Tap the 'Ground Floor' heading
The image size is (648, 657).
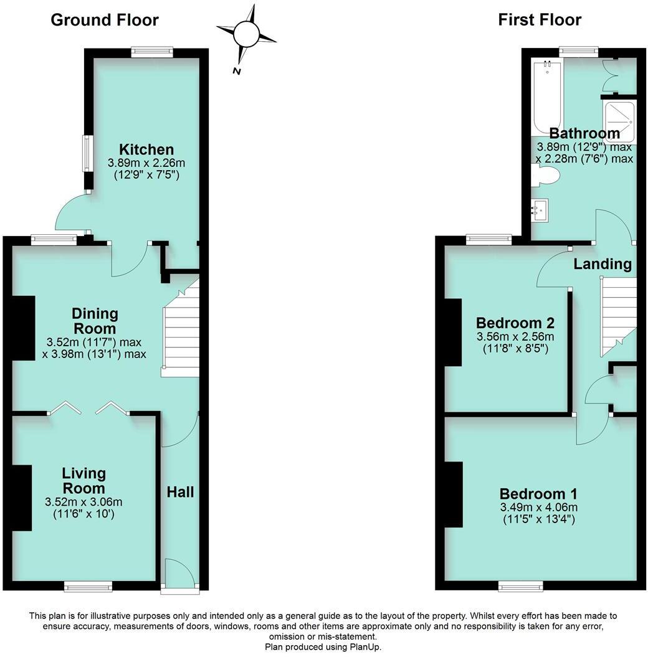pyautogui.click(x=104, y=20)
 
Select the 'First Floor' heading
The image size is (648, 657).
pyautogui.click(x=540, y=20)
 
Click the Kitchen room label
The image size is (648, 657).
pyautogui.click(x=146, y=149)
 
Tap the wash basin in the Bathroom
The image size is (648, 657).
pyautogui.click(x=539, y=209)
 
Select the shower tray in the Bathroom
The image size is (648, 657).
pyautogui.click(x=619, y=121)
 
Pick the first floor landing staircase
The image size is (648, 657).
pyautogui.click(x=617, y=314)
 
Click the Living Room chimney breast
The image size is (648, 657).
pyautogui.click(x=22, y=498)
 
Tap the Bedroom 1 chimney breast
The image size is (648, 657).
pyautogui.click(x=454, y=494)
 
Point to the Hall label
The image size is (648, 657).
pyautogui.click(x=180, y=492)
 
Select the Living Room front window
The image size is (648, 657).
pyautogui.click(x=88, y=585)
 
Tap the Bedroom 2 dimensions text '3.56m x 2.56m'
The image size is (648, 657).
pyautogui.click(x=515, y=337)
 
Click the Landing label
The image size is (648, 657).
pyautogui.click(x=603, y=264)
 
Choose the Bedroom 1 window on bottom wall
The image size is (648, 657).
pyautogui.click(x=520, y=585)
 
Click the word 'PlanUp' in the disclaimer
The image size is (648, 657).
pyautogui.click(x=364, y=647)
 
